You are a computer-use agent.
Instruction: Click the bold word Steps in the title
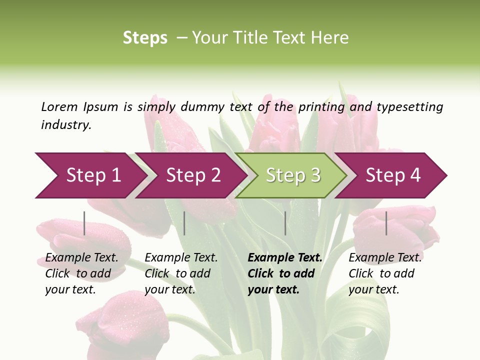point(145,38)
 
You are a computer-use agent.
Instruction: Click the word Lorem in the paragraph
point(59,106)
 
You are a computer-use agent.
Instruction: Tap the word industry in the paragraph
point(65,124)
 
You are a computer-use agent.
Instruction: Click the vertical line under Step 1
point(84,223)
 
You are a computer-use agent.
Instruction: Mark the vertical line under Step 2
point(184,223)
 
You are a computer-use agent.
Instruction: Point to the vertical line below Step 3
point(285,223)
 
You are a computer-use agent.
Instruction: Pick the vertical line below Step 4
point(386,223)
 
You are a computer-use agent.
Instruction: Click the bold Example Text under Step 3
point(285,257)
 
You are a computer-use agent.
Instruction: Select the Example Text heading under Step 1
point(81,257)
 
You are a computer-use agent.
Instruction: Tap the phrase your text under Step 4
point(373,289)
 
